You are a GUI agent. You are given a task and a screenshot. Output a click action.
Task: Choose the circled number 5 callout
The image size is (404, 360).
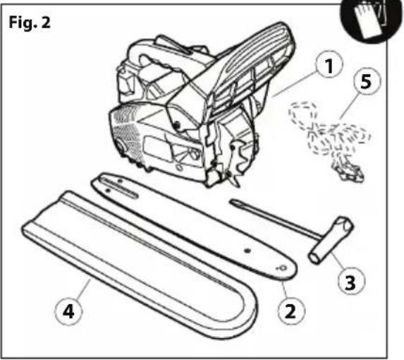(x=367, y=80)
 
